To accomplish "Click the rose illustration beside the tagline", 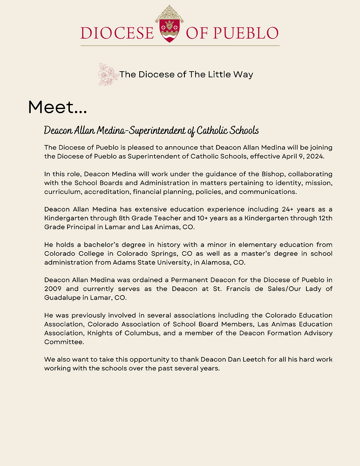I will [x=108, y=75].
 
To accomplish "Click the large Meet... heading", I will [x=57, y=107].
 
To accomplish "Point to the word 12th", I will [x=323, y=218].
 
